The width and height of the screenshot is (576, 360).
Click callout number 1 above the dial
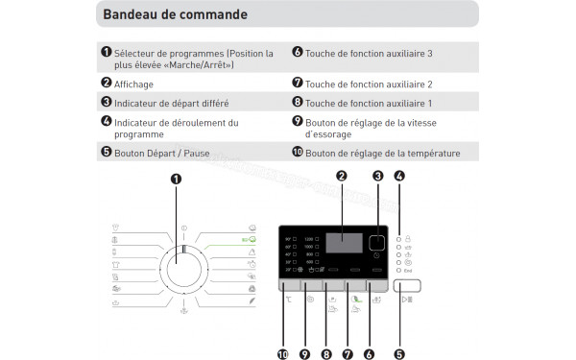click(x=176, y=179)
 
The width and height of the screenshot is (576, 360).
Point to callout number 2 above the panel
click(x=341, y=175)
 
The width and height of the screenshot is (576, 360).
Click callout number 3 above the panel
click(x=377, y=175)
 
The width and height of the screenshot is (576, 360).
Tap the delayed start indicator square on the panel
click(x=377, y=243)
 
